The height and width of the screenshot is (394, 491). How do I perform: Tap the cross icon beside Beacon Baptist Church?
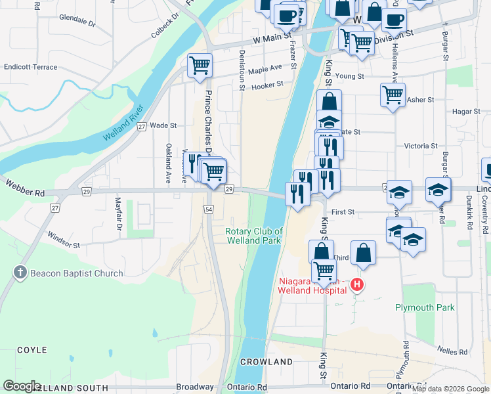(20, 273)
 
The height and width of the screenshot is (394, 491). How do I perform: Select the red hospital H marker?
(357, 284)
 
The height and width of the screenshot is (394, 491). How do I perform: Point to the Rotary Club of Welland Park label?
(253, 235)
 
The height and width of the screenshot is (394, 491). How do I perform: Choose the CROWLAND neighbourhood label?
(266, 362)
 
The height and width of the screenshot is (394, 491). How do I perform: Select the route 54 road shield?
(208, 208)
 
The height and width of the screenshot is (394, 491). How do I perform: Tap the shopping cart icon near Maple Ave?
(200, 65)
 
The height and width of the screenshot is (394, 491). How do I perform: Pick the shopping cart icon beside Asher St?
(393, 95)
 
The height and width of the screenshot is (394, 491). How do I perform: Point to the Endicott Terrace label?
(30, 67)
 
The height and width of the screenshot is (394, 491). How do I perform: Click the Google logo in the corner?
(22, 386)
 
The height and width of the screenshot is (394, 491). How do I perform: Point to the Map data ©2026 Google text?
(450, 389)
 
